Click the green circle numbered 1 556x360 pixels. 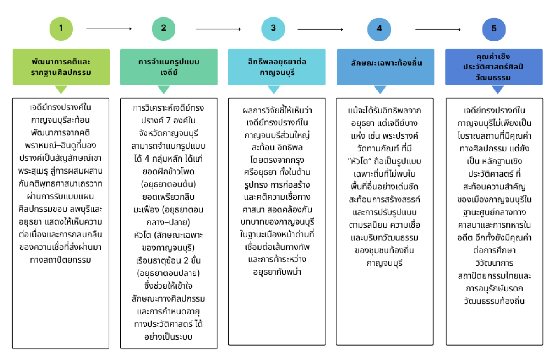point(61,29)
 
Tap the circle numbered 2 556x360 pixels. point(163,29)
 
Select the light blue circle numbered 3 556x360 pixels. point(273,29)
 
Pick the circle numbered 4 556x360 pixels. point(379,29)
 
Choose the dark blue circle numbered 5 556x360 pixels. point(494,29)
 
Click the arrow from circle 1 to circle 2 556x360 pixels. point(109,29)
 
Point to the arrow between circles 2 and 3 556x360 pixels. point(218,29)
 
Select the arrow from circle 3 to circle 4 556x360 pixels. point(320,29)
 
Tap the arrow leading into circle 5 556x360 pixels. point(438,29)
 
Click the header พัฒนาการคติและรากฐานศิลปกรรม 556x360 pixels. point(61,67)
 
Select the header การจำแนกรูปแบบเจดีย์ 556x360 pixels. point(169,67)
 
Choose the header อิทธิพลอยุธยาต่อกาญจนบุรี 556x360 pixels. point(277,67)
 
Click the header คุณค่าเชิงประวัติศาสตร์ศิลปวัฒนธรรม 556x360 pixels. point(494,67)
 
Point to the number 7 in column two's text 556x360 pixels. point(168,120)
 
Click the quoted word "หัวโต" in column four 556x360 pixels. point(359,161)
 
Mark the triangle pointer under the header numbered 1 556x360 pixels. point(61,89)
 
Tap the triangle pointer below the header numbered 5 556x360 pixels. point(498,89)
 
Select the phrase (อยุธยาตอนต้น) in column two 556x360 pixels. point(169,184)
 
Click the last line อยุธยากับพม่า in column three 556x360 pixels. point(277,272)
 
